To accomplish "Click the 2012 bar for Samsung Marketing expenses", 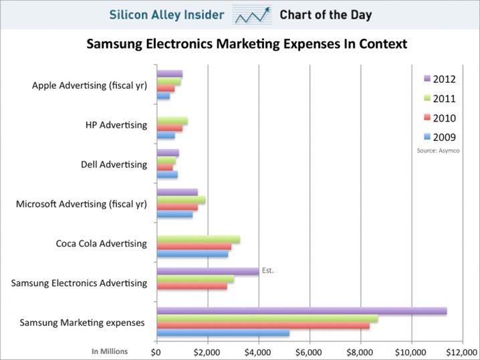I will [301, 311].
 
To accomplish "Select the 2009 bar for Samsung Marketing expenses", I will [223, 333].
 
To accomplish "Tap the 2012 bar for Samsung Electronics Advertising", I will [207, 271].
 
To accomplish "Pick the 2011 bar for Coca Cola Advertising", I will [198, 239].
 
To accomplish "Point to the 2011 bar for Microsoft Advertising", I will [181, 200].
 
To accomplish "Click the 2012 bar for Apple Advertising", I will [169, 73].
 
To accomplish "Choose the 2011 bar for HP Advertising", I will [172, 121].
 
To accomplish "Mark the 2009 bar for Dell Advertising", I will [167, 175].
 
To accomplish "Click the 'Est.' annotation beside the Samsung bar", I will [268, 271].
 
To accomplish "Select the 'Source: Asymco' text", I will [439, 151].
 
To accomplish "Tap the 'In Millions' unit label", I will [110, 350].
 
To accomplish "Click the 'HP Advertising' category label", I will [116, 125].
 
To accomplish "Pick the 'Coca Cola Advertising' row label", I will [101, 243].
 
